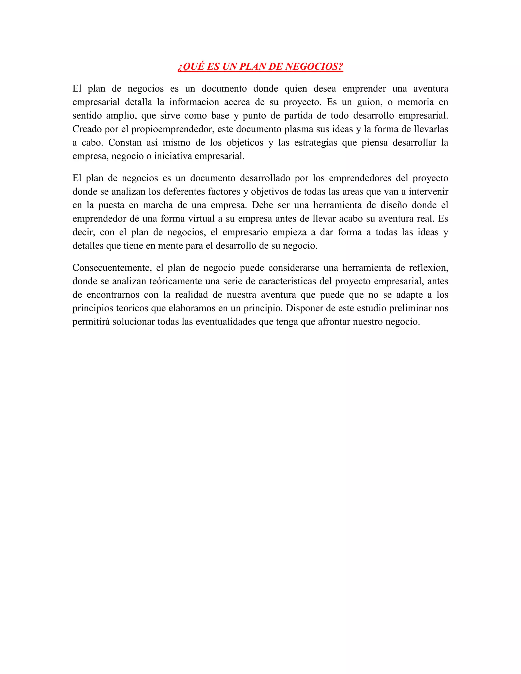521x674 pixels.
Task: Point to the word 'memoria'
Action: click(415, 102)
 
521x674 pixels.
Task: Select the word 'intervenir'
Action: click(428, 192)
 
